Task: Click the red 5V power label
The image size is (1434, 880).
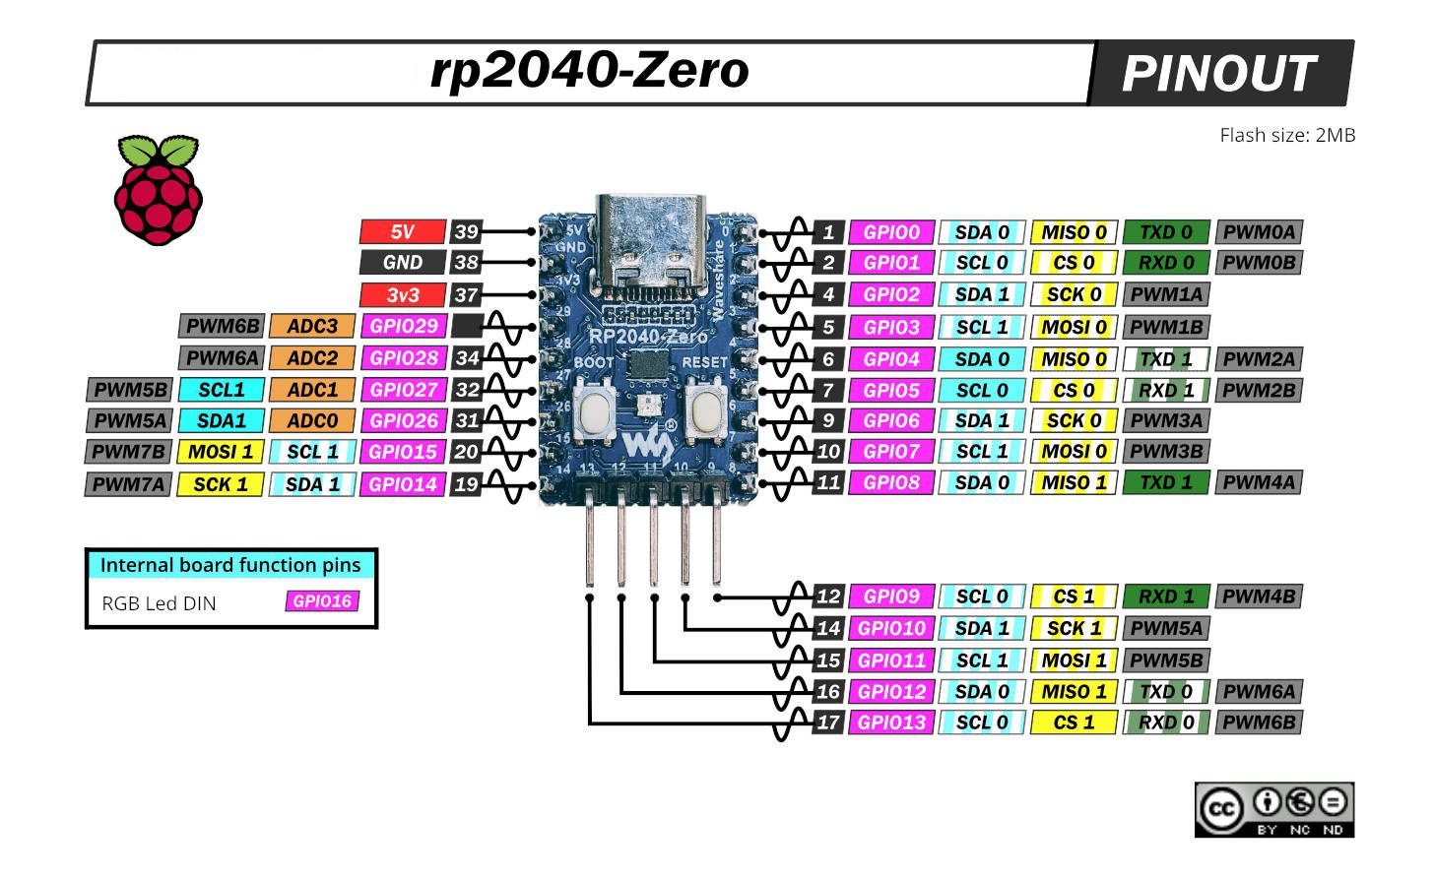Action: click(x=402, y=232)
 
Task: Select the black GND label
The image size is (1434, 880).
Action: click(x=402, y=263)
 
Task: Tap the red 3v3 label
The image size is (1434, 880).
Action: click(x=402, y=294)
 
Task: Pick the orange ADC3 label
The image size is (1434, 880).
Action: click(x=312, y=326)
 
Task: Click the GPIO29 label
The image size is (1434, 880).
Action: click(x=403, y=326)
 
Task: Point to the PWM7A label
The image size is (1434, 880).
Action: click(x=129, y=484)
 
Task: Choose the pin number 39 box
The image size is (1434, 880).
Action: click(x=466, y=232)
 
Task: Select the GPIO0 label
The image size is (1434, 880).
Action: click(x=891, y=232)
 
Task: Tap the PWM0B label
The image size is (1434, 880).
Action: click(x=1259, y=263)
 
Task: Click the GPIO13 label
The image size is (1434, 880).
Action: click(x=891, y=723)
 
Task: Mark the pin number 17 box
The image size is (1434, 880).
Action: click(x=828, y=723)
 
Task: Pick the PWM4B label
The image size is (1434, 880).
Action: click(x=1259, y=597)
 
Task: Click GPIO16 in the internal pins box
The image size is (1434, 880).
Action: click(x=322, y=601)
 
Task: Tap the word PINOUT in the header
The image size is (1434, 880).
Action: click(x=1218, y=74)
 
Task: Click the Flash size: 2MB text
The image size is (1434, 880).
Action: click(x=1286, y=136)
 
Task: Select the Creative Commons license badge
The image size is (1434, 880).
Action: click(x=1273, y=809)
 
